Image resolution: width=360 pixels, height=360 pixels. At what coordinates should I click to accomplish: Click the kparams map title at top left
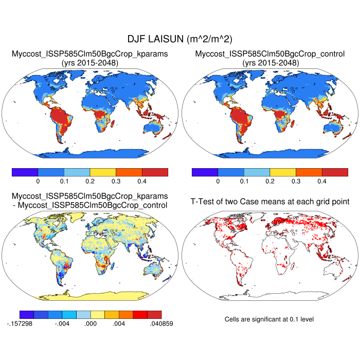tap(90, 53)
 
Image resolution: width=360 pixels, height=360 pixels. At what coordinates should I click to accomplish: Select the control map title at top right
tap(270, 53)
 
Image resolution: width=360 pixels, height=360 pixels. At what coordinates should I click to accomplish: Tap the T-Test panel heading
tap(270, 201)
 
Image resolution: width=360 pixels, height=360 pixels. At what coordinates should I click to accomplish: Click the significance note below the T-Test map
tap(269, 319)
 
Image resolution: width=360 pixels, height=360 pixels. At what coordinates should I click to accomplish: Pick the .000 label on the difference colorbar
tap(91, 324)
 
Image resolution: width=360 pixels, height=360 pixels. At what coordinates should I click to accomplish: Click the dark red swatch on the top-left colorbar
tap(155, 172)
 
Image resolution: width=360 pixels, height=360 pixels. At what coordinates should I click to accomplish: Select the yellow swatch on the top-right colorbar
tap(283, 172)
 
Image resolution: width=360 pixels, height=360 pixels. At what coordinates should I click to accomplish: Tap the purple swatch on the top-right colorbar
tap(205, 172)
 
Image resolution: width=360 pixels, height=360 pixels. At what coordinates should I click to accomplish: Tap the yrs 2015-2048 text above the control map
tap(270, 62)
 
